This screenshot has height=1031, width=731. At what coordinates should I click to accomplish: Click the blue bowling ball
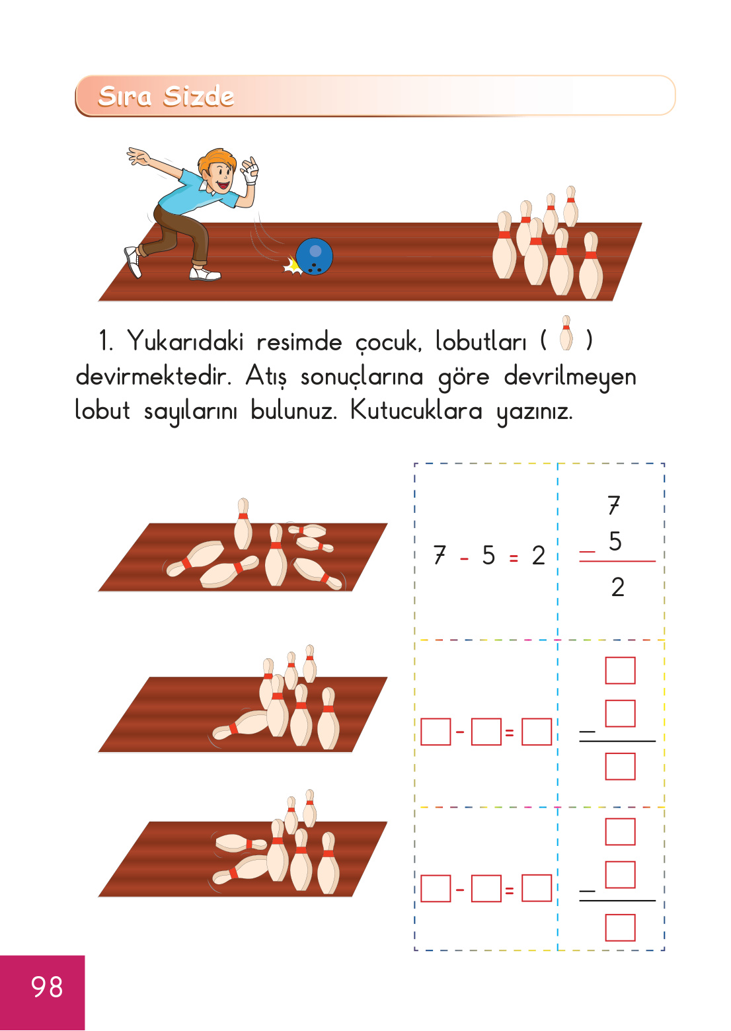point(314,256)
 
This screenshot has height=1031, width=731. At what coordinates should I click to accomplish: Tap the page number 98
point(46,987)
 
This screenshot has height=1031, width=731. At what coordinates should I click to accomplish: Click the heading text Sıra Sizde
point(166,96)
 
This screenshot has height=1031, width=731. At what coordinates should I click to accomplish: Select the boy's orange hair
point(216,161)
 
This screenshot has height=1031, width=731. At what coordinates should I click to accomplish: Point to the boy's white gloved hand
point(250,174)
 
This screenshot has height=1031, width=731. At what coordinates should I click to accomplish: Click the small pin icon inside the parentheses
point(566,333)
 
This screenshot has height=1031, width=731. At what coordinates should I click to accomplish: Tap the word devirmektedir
point(153,376)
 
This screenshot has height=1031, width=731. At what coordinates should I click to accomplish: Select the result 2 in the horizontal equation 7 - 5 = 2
point(539,556)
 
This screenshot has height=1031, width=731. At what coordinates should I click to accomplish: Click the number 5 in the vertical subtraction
point(615,541)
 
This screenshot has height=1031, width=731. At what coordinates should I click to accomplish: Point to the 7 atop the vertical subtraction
point(614,506)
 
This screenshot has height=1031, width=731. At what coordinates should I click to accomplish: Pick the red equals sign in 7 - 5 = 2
point(514,558)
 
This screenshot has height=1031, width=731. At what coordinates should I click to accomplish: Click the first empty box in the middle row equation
point(436,732)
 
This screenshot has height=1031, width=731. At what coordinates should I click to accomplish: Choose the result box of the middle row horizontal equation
point(537,732)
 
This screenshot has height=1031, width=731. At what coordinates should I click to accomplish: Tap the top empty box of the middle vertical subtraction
point(620,670)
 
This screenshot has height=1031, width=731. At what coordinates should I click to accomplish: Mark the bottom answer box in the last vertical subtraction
point(620,927)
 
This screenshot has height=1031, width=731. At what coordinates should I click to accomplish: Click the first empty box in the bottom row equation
point(436,889)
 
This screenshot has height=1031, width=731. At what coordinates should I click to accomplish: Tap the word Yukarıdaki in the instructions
point(185,342)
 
